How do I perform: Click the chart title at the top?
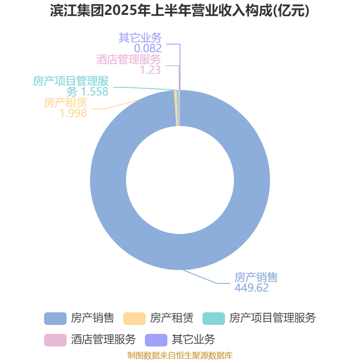pyautogui.click(x=180, y=10)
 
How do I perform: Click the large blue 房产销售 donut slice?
pyautogui.click(x=252, y=180)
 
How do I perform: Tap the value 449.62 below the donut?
pyautogui.click(x=252, y=288)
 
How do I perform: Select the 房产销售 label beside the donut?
pyautogui.click(x=256, y=277)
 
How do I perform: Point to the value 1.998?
pyautogui.click(x=73, y=113)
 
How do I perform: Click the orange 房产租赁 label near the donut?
pyautogui.click(x=65, y=103)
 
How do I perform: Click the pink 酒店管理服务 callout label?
pyautogui.click(x=129, y=59)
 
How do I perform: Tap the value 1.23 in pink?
pyautogui.click(x=150, y=70)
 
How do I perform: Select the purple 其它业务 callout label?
pyautogui.click(x=140, y=38)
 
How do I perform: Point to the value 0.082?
pyautogui.click(x=148, y=48)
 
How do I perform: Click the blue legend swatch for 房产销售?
pyautogui.click(x=55, y=319)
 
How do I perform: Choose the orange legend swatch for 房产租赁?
pyautogui.click(x=135, y=319)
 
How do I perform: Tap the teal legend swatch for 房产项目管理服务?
pyautogui.click(x=214, y=319)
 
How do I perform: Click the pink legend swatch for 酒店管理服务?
pyautogui.click(x=55, y=340)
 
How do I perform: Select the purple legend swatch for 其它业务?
pyautogui.click(x=156, y=340)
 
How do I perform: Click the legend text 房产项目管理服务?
pyautogui.click(x=273, y=318)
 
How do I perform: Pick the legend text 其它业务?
pyautogui.click(x=193, y=340)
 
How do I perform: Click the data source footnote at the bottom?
pyautogui.click(x=180, y=355)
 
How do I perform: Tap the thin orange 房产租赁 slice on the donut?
pyautogui.click(x=175, y=108)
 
